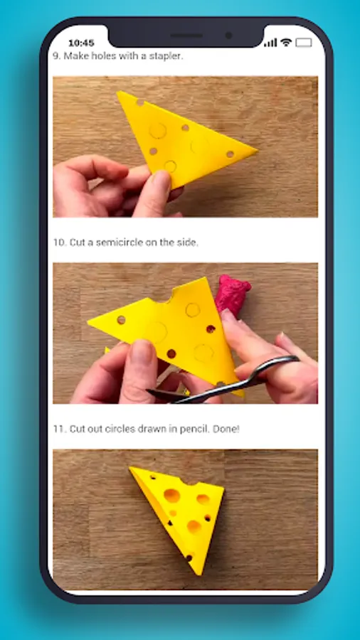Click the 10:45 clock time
tap(81, 43)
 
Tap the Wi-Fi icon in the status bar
tap(287, 42)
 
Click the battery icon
tap(304, 43)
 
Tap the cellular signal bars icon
tap(270, 43)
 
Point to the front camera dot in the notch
tap(228, 36)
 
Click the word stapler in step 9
tap(168, 56)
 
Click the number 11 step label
tap(60, 429)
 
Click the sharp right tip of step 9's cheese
tap(257, 151)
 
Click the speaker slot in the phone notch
tap(187, 36)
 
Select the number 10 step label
tap(60, 242)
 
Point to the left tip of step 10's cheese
tap(89, 321)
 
